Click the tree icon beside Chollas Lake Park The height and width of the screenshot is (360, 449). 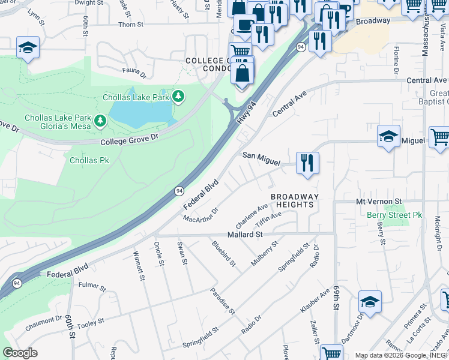coord(178,97)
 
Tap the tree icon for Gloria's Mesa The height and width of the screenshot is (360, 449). coord(100,122)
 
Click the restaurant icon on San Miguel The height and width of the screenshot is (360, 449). coord(307,163)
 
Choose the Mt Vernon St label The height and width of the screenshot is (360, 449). coord(378,201)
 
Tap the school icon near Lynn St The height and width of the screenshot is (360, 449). coord(28,48)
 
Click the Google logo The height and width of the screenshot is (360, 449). coord(20,353)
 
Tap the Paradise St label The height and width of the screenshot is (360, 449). coord(222,301)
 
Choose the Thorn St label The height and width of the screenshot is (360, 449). coord(131,25)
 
